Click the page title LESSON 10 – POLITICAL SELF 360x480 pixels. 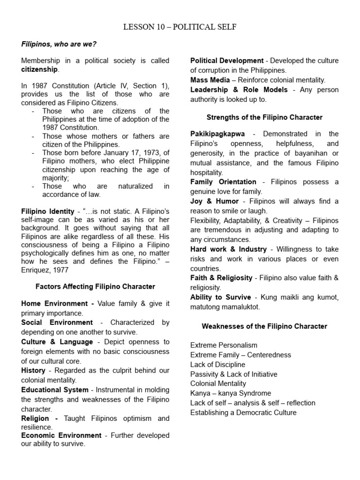coord(180,27)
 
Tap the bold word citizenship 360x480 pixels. coord(39,69)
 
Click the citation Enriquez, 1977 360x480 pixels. coord(44,270)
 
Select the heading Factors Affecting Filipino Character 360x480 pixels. coord(95,286)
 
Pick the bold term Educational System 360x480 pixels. coord(54,390)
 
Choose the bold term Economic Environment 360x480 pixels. coord(61,435)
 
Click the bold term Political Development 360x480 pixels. coord(227,60)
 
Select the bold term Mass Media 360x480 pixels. coord(210,80)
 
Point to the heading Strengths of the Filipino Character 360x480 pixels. coord(264,117)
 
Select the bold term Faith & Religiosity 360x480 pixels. coord(221,278)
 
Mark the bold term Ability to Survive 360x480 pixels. coord(220,297)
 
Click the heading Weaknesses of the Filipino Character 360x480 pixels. coord(264,326)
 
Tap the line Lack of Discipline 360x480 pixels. coord(218,364)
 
